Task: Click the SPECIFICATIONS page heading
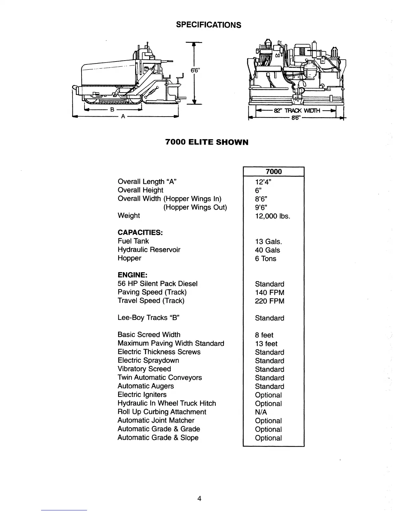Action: click(208, 25)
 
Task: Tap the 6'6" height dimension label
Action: click(196, 71)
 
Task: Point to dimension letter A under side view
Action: click(123, 117)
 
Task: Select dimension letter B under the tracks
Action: click(112, 109)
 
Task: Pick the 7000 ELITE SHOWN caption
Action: click(207, 142)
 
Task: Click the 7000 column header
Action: click(273, 172)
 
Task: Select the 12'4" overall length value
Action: click(263, 182)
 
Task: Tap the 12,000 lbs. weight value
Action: click(272, 216)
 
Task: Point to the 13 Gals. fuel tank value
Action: click(268, 242)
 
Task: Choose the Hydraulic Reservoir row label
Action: click(149, 250)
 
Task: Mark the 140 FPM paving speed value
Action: click(269, 292)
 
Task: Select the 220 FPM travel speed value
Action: click(269, 301)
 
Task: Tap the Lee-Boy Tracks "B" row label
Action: click(148, 318)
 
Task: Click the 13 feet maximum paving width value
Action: click(266, 344)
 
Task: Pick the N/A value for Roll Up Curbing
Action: click(261, 412)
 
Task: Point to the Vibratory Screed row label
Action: click(144, 369)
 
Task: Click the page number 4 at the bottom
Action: click(199, 498)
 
